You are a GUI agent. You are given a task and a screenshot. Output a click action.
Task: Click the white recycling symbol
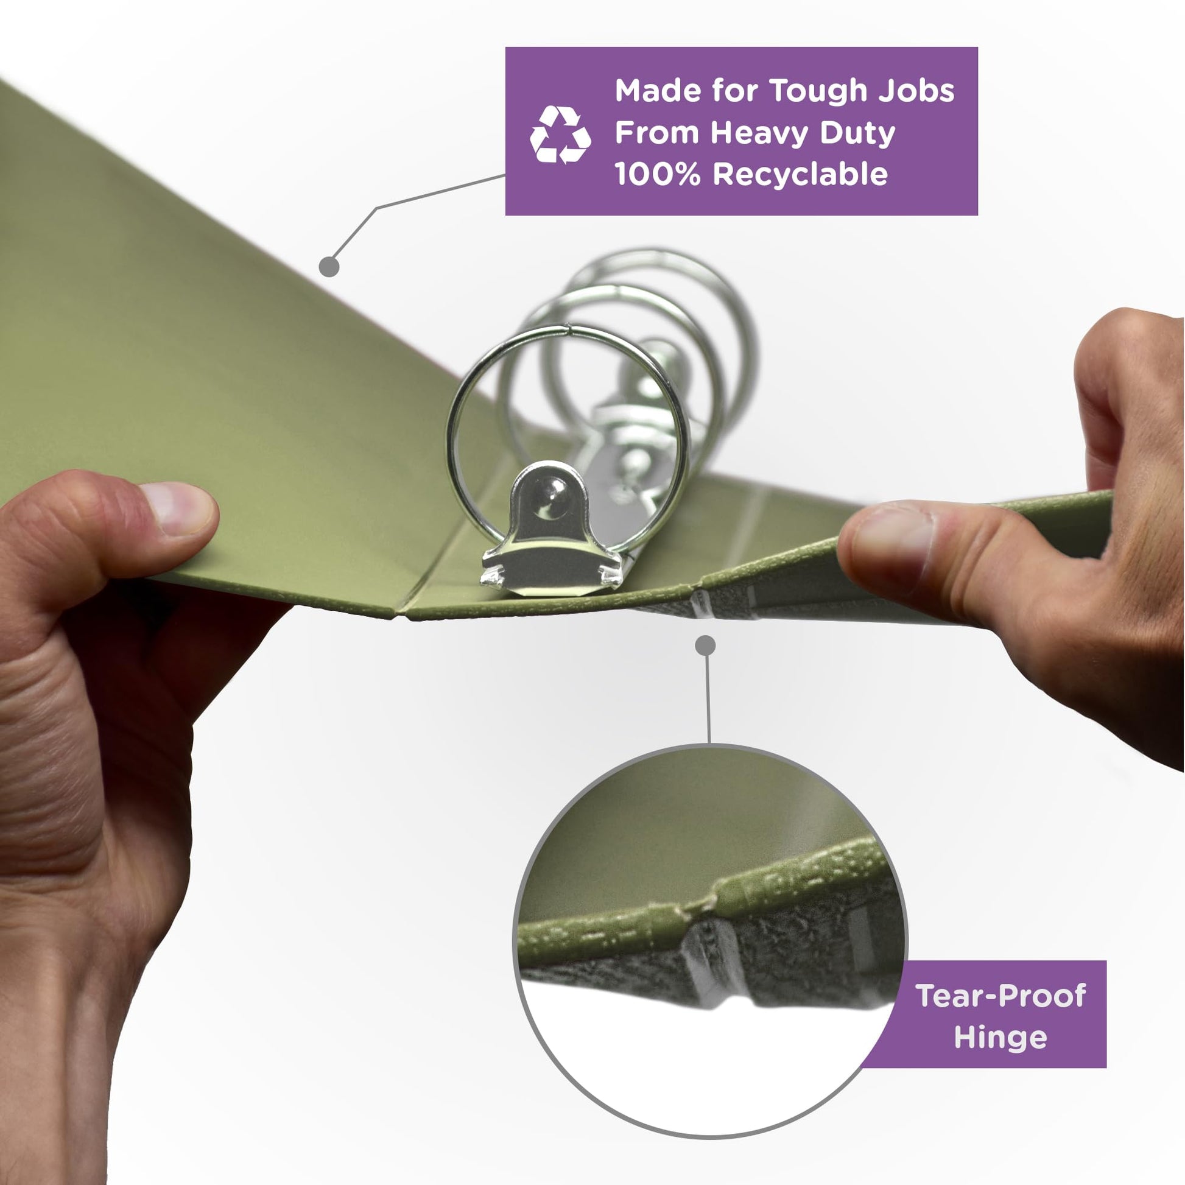coord(560,135)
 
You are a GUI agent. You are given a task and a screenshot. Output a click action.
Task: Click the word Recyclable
coord(800,175)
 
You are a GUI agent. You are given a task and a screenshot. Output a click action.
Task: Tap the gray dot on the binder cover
coord(329,266)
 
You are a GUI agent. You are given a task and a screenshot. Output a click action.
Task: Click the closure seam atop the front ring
coord(571,332)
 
